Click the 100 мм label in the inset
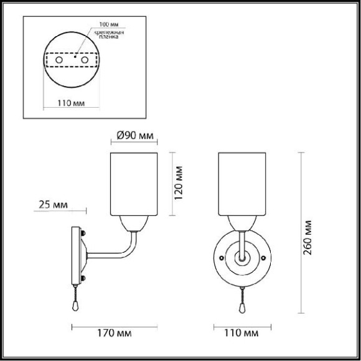[109, 24]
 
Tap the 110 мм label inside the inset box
[71, 103]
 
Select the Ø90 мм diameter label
[135, 136]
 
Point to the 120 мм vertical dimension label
[179, 183]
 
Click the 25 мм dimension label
[53, 204]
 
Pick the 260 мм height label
[307, 238]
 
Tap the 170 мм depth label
[115, 333]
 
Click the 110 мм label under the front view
[241, 333]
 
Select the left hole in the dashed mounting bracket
[59, 60]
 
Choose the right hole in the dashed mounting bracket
[85, 60]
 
